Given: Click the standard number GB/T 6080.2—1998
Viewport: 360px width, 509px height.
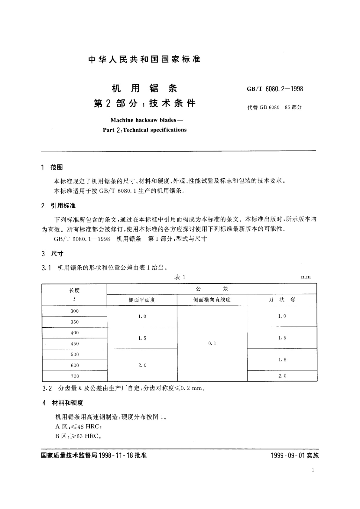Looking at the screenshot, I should click(x=275, y=89).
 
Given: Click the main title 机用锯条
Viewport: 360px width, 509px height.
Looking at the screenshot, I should click(x=144, y=88).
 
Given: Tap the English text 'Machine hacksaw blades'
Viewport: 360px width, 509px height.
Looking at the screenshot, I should click(x=143, y=120).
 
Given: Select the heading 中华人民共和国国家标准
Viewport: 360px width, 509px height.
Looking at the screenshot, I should click(x=144, y=59).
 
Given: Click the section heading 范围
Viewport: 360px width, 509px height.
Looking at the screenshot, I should click(x=57, y=167).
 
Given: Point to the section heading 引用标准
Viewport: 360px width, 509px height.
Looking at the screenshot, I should click(x=63, y=206).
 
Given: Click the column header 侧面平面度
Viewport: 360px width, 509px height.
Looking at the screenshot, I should click(x=142, y=300).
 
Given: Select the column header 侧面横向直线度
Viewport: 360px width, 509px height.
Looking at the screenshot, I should click(x=212, y=300).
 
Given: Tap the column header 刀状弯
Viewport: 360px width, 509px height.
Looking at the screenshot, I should click(x=282, y=300).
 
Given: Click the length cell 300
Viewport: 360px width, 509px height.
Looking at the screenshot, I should click(x=74, y=311).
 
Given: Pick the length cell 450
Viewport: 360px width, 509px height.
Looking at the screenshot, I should click(x=74, y=344).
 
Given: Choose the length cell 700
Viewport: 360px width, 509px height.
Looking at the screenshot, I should click(x=75, y=376).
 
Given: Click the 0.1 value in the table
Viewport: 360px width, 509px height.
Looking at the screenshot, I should click(x=212, y=343).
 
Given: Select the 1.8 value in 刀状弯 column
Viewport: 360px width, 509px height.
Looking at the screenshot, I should click(x=282, y=360).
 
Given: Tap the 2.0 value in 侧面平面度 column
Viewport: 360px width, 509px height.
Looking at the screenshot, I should click(x=142, y=365).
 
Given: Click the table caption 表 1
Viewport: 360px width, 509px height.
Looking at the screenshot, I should click(x=180, y=277).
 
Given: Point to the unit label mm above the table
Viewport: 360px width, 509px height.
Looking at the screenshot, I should click(x=306, y=277).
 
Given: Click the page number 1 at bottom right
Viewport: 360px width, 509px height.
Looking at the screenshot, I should click(x=313, y=470).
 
